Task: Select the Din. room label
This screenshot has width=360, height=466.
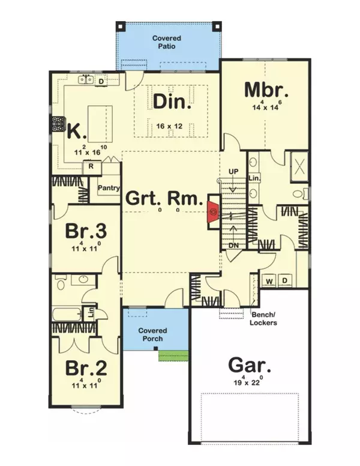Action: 172,103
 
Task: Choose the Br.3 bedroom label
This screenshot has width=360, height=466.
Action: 85,232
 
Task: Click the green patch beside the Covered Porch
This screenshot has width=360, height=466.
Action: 170,356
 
